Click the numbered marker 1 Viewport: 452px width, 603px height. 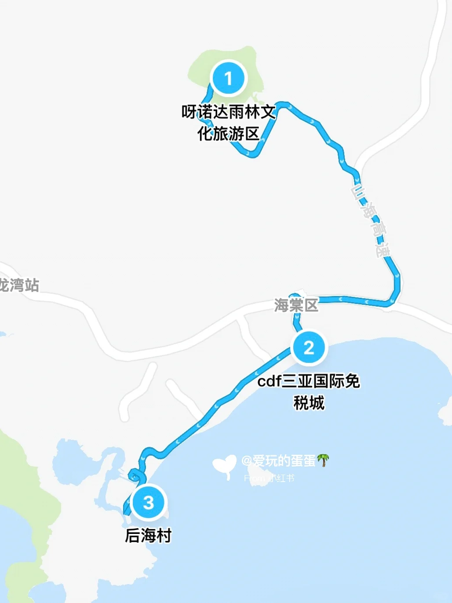[228, 78]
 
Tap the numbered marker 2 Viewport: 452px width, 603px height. [309, 347]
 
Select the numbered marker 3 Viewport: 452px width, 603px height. [149, 502]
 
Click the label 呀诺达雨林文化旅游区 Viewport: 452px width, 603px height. [229, 123]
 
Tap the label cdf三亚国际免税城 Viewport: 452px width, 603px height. [309, 391]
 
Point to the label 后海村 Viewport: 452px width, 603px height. [148, 535]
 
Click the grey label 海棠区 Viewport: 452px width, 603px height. [296, 305]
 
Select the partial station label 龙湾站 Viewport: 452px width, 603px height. [18, 285]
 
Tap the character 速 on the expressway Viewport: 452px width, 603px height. [383, 249]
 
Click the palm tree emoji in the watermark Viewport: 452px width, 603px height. [323, 460]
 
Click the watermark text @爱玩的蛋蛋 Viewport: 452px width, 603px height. [279, 460]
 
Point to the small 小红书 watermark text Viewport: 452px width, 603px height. [281, 478]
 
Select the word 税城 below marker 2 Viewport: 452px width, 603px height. [309, 402]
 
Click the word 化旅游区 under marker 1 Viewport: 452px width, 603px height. [229, 133]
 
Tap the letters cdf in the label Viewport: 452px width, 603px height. [269, 381]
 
